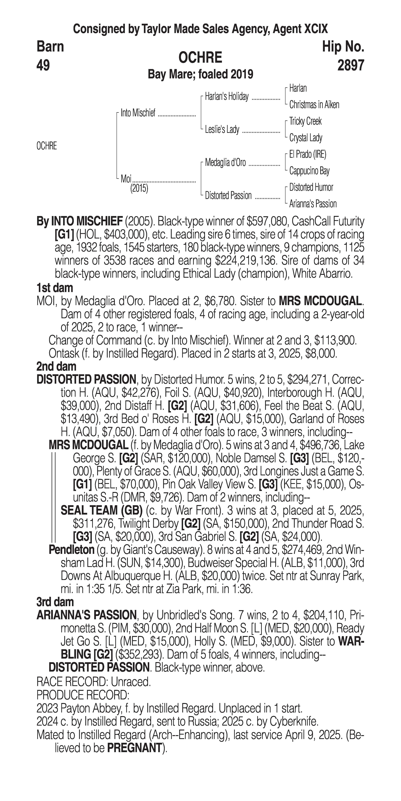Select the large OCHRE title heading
pyautogui.click(x=200, y=58)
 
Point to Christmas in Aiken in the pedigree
pyautogui.click(x=314, y=105)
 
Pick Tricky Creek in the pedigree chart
pyautogui.click(x=305, y=121)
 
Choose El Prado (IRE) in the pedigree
pyautogui.click(x=307, y=154)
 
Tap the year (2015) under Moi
pyautogui.click(x=139, y=188)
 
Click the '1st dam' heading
pyautogui.click(x=55, y=288)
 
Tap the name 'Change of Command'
pyautogui.click(x=95, y=340)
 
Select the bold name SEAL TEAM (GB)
pyautogui.click(x=101, y=511)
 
